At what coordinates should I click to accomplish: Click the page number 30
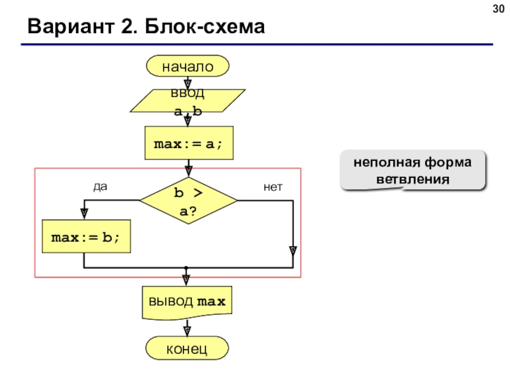point(499,9)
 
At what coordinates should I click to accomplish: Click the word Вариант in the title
point(71,26)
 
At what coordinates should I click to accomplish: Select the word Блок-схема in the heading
point(205,26)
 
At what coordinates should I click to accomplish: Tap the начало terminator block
point(187,66)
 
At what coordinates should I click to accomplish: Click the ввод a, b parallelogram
point(187,101)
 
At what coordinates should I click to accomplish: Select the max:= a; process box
point(189,143)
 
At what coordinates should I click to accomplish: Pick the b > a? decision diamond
point(189,200)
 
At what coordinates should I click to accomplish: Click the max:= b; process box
point(86,236)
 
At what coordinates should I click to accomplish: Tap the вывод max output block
point(187,303)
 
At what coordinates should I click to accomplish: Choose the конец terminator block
point(187,348)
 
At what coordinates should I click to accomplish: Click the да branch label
point(100,186)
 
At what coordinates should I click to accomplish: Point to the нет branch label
point(273,187)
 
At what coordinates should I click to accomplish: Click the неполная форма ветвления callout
point(412,170)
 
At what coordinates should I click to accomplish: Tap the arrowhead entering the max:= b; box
point(84,214)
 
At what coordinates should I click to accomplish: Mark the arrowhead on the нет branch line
point(293,251)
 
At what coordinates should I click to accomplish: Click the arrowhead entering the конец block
point(187,331)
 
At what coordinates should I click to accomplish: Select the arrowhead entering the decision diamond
point(189,171)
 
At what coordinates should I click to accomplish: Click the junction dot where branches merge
point(186,268)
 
